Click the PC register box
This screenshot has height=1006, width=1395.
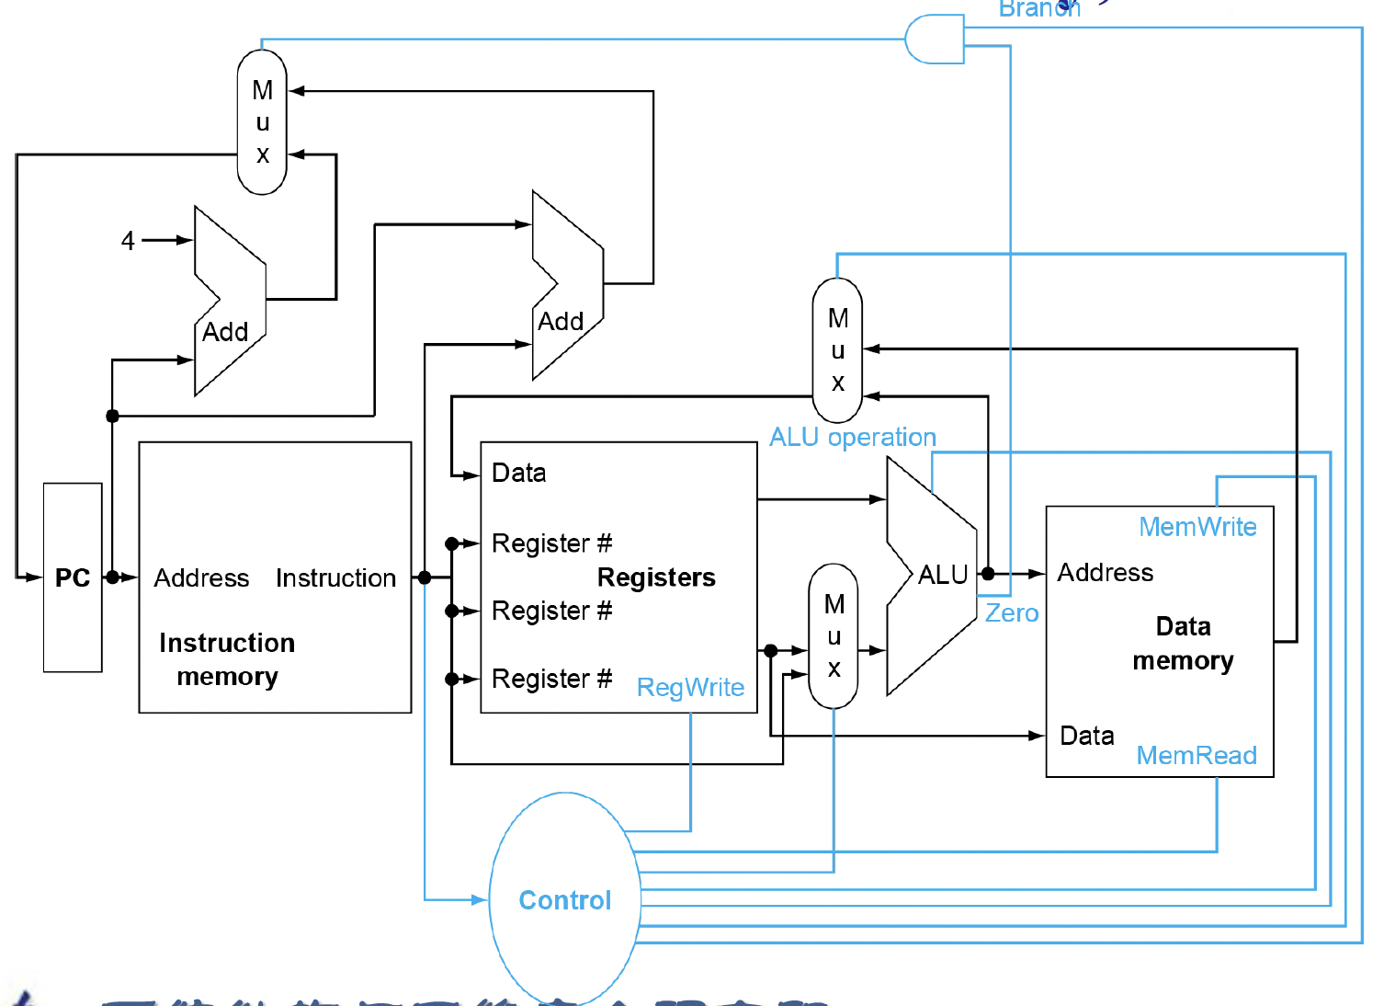(x=73, y=577)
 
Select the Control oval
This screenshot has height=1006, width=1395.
(x=565, y=899)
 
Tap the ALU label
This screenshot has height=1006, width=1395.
(x=943, y=576)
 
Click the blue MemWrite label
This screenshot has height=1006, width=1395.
(x=1197, y=527)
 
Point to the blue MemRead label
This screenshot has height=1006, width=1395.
(x=1197, y=755)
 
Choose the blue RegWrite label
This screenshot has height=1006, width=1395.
(x=690, y=688)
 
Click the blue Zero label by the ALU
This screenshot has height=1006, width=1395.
(x=1012, y=613)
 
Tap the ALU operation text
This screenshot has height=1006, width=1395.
(x=852, y=437)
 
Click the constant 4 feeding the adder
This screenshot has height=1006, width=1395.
(x=128, y=241)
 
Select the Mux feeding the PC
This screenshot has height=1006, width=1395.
(x=262, y=122)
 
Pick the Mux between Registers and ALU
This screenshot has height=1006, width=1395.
(x=834, y=636)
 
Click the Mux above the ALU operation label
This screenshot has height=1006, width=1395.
(x=837, y=350)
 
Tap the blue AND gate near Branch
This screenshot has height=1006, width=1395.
(x=936, y=40)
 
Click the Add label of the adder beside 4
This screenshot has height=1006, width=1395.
(x=225, y=332)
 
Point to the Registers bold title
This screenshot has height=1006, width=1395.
(x=656, y=577)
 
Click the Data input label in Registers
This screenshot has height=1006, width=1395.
(x=519, y=473)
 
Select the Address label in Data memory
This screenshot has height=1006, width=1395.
(x=1105, y=573)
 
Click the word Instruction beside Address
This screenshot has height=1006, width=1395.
(x=335, y=578)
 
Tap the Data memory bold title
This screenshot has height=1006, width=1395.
(x=1183, y=644)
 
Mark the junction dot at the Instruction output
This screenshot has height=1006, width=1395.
(x=425, y=577)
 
